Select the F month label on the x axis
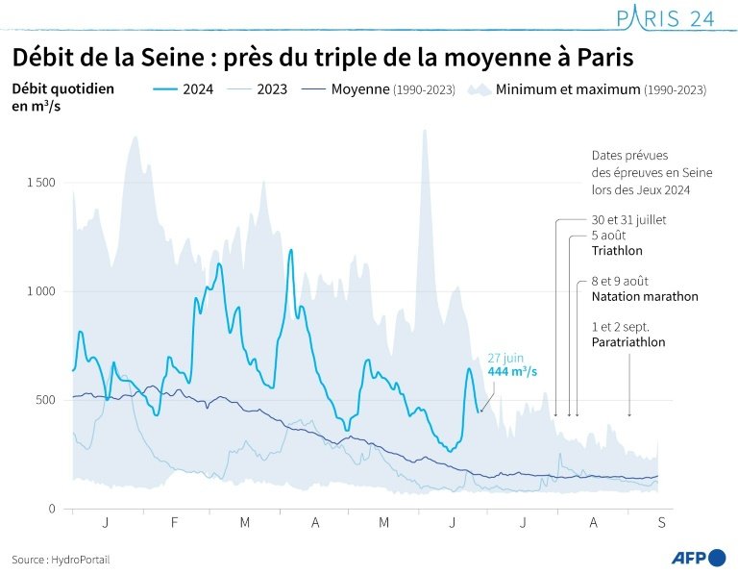pyautogui.click(x=175, y=522)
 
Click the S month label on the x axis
pyautogui.click(x=661, y=522)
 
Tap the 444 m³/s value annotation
pyautogui.click(x=512, y=372)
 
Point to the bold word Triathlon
pyautogui.click(x=617, y=251)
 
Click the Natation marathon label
pyautogui.click(x=644, y=297)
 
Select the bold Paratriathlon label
pyautogui.click(x=628, y=342)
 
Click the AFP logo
pyautogui.click(x=698, y=558)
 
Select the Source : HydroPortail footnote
pyautogui.click(x=61, y=559)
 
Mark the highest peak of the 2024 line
pyautogui.click(x=290, y=251)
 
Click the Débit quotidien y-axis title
pyautogui.click(x=62, y=88)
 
